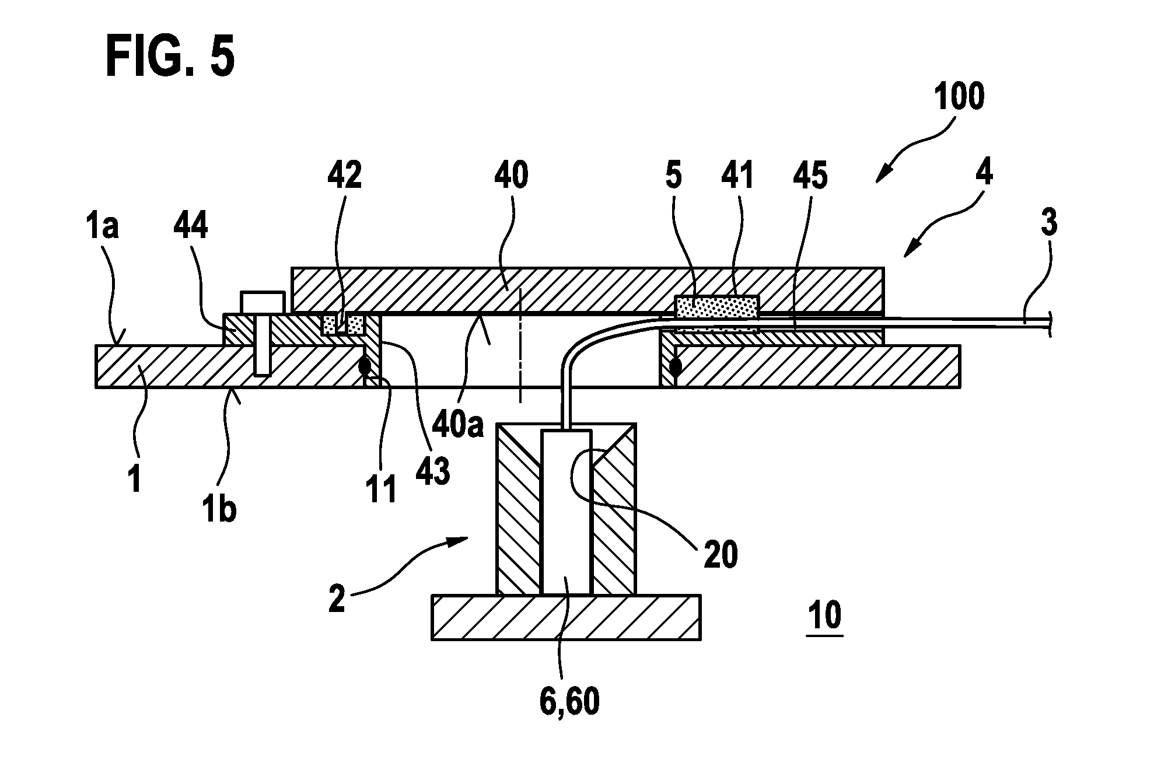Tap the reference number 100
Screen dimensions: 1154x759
pyautogui.click(x=959, y=97)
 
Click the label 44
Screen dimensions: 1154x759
pyautogui.click(x=190, y=226)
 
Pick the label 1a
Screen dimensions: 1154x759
pyautogui.click(x=103, y=226)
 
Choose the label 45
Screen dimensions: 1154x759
pyautogui.click(x=810, y=174)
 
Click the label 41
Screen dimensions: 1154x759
pyautogui.click(x=737, y=174)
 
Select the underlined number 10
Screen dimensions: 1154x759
pyautogui.click(x=825, y=615)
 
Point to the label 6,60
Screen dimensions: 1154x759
pyautogui.click(x=569, y=702)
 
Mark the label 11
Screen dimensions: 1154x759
pyautogui.click(x=382, y=488)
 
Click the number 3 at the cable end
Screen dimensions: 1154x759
pyautogui.click(x=1049, y=225)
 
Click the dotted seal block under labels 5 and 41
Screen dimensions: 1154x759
pyautogui.click(x=716, y=307)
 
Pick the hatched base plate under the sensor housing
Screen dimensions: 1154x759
pyautogui.click(x=566, y=617)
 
